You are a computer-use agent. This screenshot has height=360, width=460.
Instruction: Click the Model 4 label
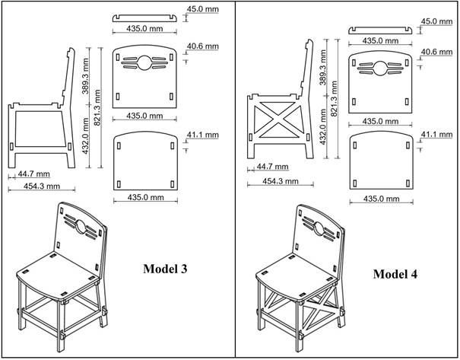click(399, 275)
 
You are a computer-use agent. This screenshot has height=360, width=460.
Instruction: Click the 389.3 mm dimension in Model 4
click(322, 66)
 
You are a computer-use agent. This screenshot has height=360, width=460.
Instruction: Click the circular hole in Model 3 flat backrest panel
click(144, 62)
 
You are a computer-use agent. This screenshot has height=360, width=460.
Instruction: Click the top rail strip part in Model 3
click(144, 15)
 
